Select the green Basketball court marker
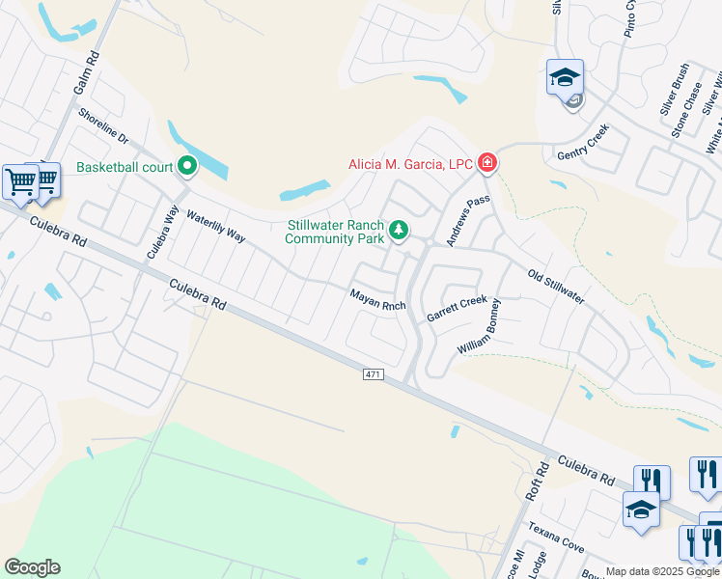(x=187, y=167)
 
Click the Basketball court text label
(x=125, y=167)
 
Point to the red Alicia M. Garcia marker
(x=487, y=163)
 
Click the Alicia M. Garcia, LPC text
(x=410, y=164)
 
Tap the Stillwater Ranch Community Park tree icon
(x=398, y=231)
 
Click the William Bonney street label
(x=480, y=325)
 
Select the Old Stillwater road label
(x=556, y=287)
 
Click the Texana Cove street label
(x=555, y=539)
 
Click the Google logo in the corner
(x=32, y=567)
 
